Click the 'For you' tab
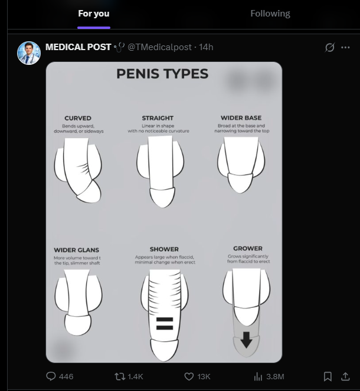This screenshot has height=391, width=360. click(x=94, y=14)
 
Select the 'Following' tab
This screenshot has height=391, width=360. click(x=270, y=14)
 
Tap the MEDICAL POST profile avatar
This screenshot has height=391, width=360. click(x=28, y=53)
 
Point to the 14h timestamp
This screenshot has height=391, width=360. click(x=206, y=47)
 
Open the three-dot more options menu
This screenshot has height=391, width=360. click(x=346, y=47)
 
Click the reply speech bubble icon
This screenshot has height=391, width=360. click(x=51, y=376)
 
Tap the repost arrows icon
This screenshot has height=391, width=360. click(x=120, y=376)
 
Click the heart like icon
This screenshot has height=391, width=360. click(x=189, y=376)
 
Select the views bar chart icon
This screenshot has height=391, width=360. click(x=258, y=376)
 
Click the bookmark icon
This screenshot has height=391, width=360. click(x=328, y=376)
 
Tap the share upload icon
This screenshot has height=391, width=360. click(x=346, y=376)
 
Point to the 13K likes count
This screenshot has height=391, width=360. click(x=204, y=376)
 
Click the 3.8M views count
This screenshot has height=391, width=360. click(x=275, y=376)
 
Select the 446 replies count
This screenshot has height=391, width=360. click(x=66, y=376)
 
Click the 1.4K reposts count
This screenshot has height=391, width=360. click(x=135, y=376)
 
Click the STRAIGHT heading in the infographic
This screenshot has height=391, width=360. click(x=158, y=118)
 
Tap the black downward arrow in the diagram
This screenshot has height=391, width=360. click(x=246, y=340)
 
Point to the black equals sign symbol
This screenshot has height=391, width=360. click(x=165, y=323)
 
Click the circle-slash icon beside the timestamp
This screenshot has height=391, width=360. click(x=330, y=47)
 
